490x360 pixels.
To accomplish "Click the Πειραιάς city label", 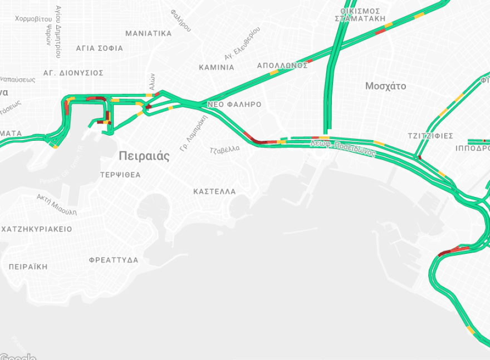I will [x=144, y=156].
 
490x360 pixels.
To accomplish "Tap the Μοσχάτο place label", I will [x=385, y=86].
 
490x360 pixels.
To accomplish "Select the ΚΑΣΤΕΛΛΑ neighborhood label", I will [x=214, y=191].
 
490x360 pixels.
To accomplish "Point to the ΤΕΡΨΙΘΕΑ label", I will [x=120, y=175].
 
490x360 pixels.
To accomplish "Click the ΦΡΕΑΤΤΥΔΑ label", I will [x=114, y=260].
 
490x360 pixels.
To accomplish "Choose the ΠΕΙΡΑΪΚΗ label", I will [x=28, y=267].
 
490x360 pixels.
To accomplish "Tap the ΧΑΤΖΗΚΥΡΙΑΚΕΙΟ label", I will [x=37, y=229].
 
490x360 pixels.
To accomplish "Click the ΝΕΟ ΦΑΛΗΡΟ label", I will [x=234, y=105].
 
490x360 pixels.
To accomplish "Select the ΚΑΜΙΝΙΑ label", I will [x=217, y=67].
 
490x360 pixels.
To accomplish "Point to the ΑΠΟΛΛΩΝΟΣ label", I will [x=282, y=66].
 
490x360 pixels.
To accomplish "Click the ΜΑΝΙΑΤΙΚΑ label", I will [x=148, y=33].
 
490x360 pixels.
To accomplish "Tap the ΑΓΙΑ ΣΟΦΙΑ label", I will [x=99, y=48].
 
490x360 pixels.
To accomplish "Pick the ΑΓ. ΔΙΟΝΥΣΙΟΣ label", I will [x=73, y=73].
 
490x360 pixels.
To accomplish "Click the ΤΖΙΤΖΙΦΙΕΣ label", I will [x=430, y=136].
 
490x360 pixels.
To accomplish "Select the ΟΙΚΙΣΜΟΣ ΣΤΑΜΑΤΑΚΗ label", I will [x=360, y=14].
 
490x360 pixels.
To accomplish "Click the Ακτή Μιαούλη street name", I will [x=57, y=205].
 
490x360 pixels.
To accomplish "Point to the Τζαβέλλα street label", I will [x=224, y=149].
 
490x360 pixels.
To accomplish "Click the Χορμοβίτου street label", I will [x=33, y=19].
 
